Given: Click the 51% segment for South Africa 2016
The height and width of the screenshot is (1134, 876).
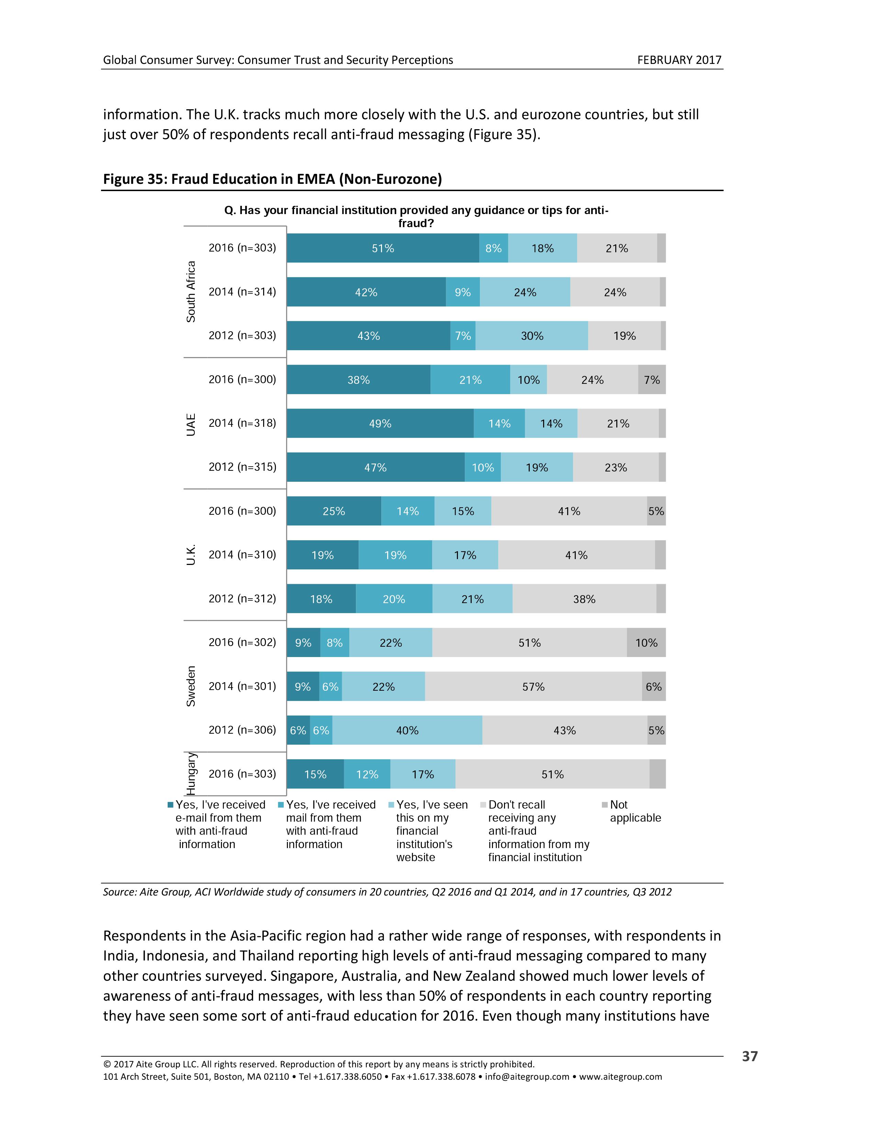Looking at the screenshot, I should pyautogui.click(x=383, y=248).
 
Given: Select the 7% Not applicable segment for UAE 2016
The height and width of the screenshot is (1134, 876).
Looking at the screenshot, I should pyautogui.click(x=651, y=380).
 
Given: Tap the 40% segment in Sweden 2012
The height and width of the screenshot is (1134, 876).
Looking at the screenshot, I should pyautogui.click(x=407, y=730).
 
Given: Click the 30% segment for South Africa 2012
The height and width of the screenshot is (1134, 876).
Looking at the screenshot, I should pyautogui.click(x=532, y=336).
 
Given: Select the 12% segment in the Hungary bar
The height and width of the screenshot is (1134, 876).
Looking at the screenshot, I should pyautogui.click(x=367, y=774).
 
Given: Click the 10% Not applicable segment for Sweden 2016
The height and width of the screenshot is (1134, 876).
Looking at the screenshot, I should pyautogui.click(x=646, y=643).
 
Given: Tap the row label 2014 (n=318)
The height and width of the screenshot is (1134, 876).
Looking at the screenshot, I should pyautogui.click(x=242, y=423).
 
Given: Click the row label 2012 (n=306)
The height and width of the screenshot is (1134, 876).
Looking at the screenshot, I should pyautogui.click(x=242, y=730).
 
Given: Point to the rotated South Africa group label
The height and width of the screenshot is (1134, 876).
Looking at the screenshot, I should pyautogui.click(x=191, y=291).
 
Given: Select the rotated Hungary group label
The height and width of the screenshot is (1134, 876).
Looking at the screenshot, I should pyautogui.click(x=191, y=774).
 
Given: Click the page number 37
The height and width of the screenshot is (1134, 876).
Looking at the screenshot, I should pyautogui.click(x=749, y=1056).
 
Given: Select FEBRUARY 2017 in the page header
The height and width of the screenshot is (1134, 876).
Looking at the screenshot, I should pyautogui.click(x=679, y=60).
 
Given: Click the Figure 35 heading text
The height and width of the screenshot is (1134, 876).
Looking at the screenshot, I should pyautogui.click(x=272, y=179).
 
